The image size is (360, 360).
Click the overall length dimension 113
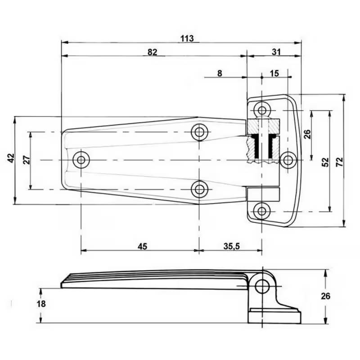tap(187, 38)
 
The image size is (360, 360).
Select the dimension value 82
tap(152, 52)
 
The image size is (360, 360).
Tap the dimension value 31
tap(276, 52)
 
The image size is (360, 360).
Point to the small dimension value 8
tap(219, 73)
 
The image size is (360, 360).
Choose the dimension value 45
tap(142, 246)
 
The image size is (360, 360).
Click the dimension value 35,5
tap(231, 246)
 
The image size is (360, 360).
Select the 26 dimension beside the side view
tap(326, 296)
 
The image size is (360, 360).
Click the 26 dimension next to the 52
tap(307, 134)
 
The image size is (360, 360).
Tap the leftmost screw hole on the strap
tap(81, 159)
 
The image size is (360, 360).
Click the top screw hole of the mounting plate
tap(261, 110)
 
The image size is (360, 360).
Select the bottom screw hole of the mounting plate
tap(261, 210)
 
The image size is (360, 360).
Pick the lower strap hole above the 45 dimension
tap(198, 189)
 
